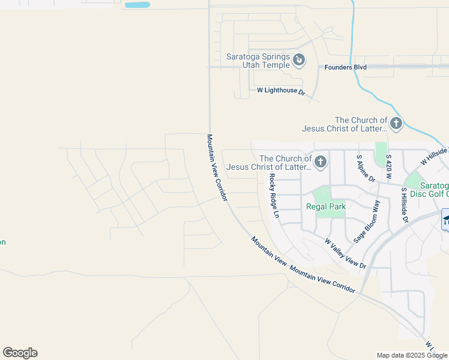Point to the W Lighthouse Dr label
pyautogui.click(x=281, y=91)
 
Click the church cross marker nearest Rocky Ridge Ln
pyautogui.click(x=321, y=161)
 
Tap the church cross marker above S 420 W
pyautogui.click(x=396, y=124)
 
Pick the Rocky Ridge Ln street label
pyautogui.click(x=274, y=195)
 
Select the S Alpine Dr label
pyautogui.click(x=366, y=168)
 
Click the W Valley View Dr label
pyautogui.click(x=345, y=253)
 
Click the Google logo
pyautogui.click(x=20, y=353)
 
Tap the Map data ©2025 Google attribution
pyautogui.click(x=412, y=355)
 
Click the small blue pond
pyautogui.click(x=137, y=5)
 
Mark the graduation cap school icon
pyautogui.click(x=446, y=218)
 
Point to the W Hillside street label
pyautogui.click(x=435, y=157)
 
